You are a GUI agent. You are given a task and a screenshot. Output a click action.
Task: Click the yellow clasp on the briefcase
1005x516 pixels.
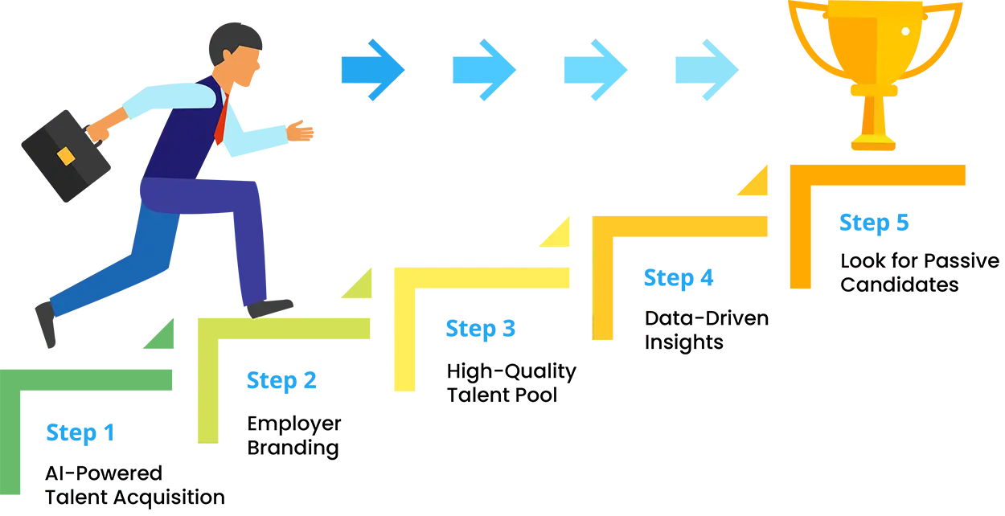(66, 154)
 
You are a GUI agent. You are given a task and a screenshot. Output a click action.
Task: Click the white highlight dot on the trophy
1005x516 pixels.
(905, 31)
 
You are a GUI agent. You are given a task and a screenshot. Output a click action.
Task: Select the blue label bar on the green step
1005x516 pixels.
(118, 432)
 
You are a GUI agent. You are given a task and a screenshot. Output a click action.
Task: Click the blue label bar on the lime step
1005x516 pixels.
(318, 380)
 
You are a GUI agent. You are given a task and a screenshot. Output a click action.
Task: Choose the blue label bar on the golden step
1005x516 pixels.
(714, 277)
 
